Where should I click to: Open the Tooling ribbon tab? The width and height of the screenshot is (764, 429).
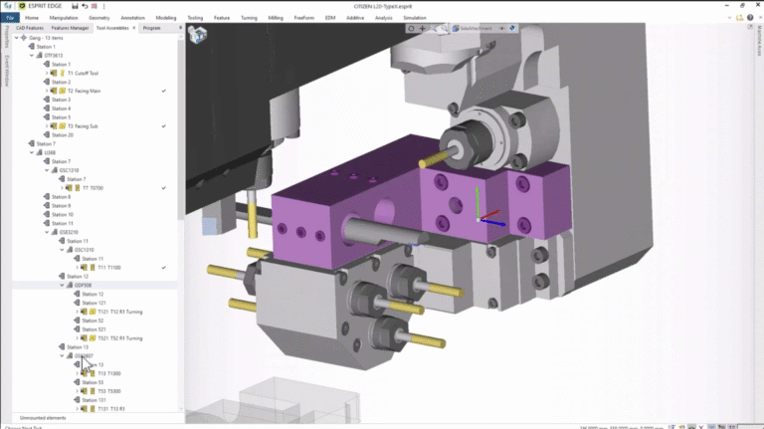[195, 18]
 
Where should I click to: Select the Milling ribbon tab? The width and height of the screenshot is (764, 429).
[276, 18]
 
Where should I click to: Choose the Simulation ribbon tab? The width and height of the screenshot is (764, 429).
[415, 18]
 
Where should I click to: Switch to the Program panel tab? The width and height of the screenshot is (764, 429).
[151, 28]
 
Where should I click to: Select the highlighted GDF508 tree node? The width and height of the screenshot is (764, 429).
[82, 285]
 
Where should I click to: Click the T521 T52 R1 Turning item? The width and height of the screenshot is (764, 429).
[118, 338]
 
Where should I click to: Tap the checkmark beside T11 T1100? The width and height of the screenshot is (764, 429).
[163, 268]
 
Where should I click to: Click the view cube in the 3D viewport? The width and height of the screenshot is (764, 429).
[198, 36]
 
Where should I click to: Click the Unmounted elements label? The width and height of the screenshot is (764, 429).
[43, 417]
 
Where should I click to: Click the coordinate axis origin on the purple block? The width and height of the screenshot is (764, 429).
[479, 218]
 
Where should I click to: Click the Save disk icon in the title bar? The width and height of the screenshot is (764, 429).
[74, 6]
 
